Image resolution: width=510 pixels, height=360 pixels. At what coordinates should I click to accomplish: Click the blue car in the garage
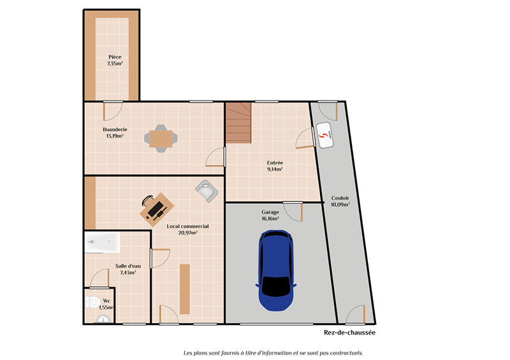click(275, 271)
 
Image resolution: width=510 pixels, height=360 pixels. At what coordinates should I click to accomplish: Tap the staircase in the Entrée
click(238, 124)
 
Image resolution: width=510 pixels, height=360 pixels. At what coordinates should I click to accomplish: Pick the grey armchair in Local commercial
click(206, 190)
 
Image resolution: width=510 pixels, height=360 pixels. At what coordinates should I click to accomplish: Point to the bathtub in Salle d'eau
click(103, 241)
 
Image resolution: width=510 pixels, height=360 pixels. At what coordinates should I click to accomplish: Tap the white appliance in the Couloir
click(326, 136)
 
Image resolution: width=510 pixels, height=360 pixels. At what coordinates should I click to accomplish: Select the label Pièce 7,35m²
click(115, 61)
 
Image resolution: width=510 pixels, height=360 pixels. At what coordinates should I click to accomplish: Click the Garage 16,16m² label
click(270, 215)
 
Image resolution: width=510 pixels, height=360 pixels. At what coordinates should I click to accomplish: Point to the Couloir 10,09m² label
click(340, 201)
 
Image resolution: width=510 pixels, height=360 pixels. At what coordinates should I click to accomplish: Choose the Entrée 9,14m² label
click(275, 166)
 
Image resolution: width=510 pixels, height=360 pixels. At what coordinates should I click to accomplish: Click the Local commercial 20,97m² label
click(187, 229)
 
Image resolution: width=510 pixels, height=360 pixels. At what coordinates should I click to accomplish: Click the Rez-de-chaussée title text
click(350, 333)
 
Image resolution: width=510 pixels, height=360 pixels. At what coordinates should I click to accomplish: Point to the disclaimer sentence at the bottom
click(273, 352)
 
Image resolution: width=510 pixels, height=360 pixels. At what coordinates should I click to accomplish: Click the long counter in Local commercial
click(185, 289)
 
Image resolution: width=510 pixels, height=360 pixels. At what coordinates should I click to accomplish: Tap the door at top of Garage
click(293, 211)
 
